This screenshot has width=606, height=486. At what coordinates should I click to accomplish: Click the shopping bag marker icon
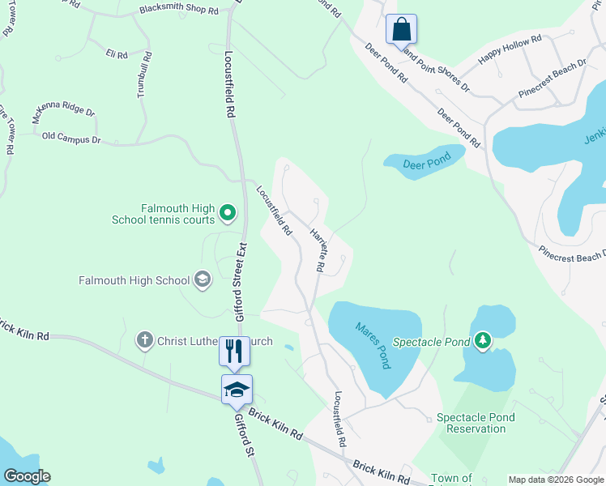tap(401, 30)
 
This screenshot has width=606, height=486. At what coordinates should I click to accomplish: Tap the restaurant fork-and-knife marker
tap(233, 351)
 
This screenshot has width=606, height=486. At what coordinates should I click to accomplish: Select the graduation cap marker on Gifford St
tap(237, 390)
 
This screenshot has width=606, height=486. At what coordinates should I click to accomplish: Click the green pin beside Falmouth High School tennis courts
tap(228, 214)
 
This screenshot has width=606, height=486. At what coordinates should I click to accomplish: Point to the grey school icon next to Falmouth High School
tap(202, 281)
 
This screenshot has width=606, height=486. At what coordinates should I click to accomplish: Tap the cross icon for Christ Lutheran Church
tap(144, 340)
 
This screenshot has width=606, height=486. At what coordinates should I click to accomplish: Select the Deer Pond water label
tap(426, 164)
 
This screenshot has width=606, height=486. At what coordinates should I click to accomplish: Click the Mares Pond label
tap(373, 344)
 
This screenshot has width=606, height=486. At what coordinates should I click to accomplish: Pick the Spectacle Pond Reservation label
tap(476, 423)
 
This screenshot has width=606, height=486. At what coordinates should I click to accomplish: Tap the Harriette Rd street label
tap(318, 250)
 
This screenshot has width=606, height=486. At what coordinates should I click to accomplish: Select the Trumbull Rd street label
tap(144, 75)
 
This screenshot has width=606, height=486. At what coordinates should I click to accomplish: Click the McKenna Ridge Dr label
tap(63, 115)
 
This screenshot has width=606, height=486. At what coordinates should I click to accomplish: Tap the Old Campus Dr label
tap(71, 139)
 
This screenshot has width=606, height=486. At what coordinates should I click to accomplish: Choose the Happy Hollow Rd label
tap(510, 50)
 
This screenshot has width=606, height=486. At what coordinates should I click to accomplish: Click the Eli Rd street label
tap(117, 54)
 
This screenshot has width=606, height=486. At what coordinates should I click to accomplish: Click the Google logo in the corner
tap(27, 476)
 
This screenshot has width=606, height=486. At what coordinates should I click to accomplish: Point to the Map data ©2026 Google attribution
tap(555, 480)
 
